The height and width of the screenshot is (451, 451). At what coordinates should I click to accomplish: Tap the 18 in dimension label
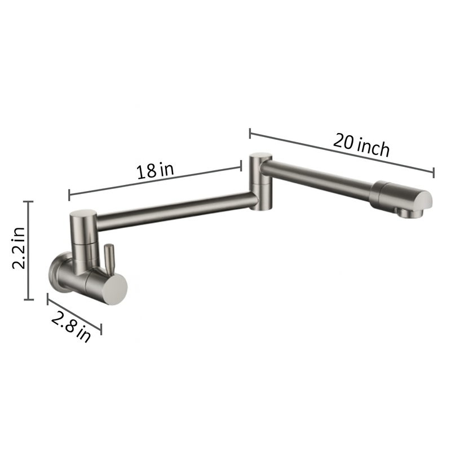(x=154, y=170)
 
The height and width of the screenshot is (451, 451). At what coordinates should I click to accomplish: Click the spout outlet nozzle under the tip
(x=404, y=213)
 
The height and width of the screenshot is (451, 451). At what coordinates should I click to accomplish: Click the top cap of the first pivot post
(x=83, y=215)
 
